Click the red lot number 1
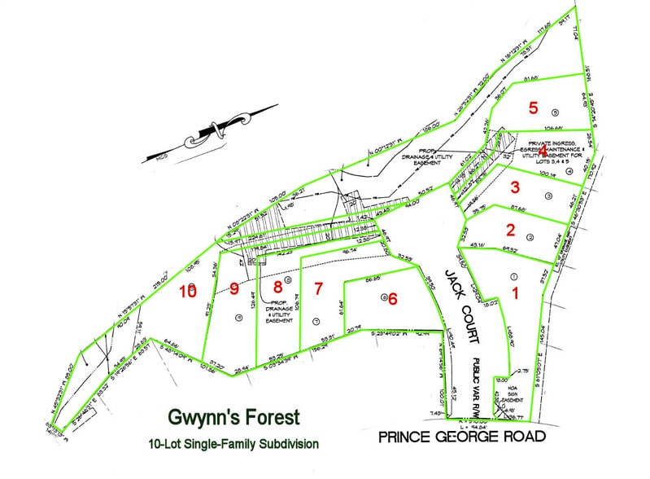click(x=514, y=290)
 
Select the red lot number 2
click(x=510, y=229)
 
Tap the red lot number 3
click(x=514, y=187)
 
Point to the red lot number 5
click(x=533, y=107)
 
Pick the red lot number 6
click(x=393, y=298)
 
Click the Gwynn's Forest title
click(x=233, y=418)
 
